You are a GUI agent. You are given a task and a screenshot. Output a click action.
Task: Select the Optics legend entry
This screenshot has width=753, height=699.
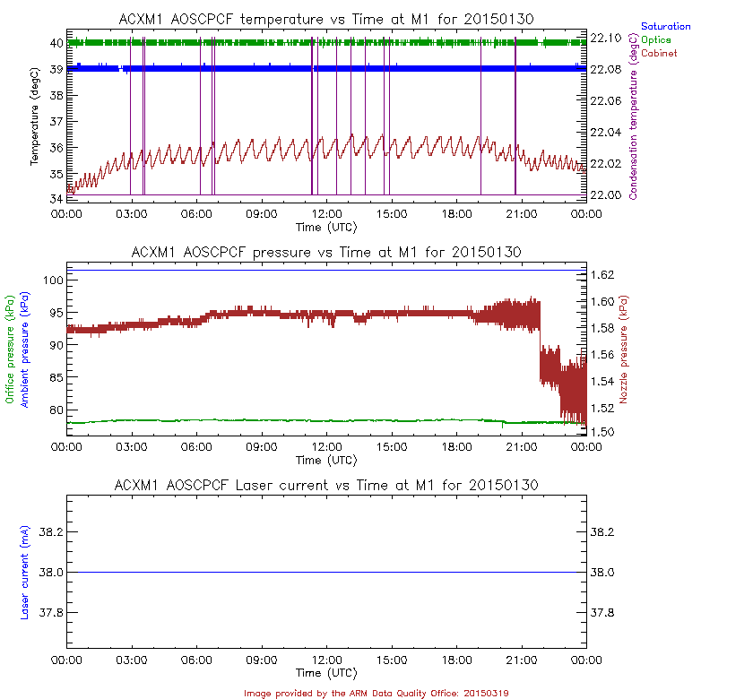[655, 39]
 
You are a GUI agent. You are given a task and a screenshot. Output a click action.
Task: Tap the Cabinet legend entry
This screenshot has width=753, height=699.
[658, 54]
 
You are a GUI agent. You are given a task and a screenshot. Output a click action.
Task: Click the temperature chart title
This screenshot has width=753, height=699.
[327, 19]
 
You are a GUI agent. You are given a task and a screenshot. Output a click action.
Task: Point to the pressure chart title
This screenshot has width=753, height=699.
[326, 253]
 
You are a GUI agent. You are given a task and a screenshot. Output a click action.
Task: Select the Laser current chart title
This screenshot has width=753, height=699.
[326, 485]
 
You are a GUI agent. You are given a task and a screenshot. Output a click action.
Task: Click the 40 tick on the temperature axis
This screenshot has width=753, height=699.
[55, 42]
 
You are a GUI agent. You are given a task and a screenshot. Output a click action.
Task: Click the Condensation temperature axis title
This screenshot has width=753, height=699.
[634, 109]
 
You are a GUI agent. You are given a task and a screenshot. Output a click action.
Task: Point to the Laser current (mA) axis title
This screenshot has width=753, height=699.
[24, 573]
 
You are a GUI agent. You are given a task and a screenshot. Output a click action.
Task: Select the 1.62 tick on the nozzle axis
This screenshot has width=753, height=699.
[606, 274]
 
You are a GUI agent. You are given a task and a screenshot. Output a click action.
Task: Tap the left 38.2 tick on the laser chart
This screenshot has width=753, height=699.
[50, 532]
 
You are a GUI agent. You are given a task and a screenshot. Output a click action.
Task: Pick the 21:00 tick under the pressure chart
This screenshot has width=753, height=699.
[522, 445]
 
